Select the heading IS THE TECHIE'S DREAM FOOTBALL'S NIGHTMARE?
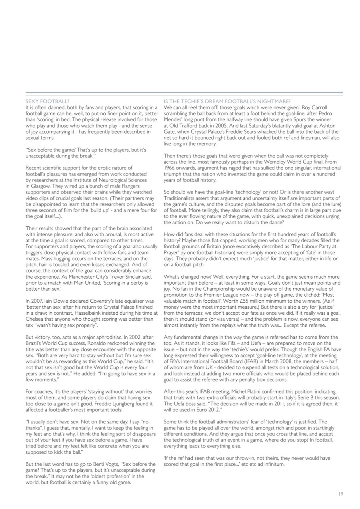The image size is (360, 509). pos(227,102)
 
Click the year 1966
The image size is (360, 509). pos(170,168)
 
